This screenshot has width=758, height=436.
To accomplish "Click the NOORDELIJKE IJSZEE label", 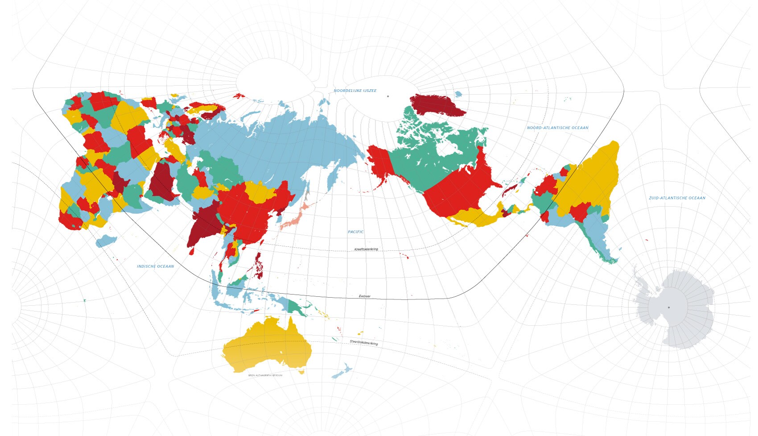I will coord(355,91).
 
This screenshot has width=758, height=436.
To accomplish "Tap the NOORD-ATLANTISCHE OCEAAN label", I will coord(557,128).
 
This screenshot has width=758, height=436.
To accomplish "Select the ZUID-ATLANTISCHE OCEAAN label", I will coord(677,198).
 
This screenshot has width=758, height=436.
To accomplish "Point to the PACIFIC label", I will coord(356,232).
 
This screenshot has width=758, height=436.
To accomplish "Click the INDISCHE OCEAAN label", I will coord(155,266).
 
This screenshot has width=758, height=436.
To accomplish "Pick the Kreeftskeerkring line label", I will coord(366,249).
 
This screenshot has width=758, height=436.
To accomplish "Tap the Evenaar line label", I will coord(365,296).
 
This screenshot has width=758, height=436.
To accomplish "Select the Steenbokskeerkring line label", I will coord(364,343).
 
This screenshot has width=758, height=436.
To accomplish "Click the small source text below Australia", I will coord(265,375).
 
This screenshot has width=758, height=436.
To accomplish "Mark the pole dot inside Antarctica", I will coord(668,307).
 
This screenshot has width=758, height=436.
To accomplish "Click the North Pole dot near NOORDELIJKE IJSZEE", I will coord(388,96).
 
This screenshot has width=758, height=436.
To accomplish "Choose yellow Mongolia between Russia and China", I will coord(261,192).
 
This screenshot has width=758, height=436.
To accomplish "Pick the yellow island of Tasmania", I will coord(302,372).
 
